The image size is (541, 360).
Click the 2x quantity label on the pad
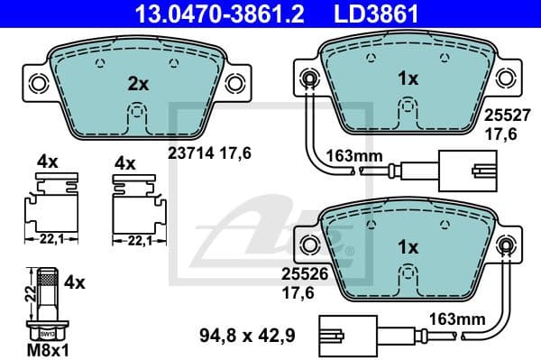point(137,83)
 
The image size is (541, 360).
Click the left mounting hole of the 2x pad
point(38,84)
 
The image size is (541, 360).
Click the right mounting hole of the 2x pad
point(235,84)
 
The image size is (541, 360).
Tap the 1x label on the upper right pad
point(408,78)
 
